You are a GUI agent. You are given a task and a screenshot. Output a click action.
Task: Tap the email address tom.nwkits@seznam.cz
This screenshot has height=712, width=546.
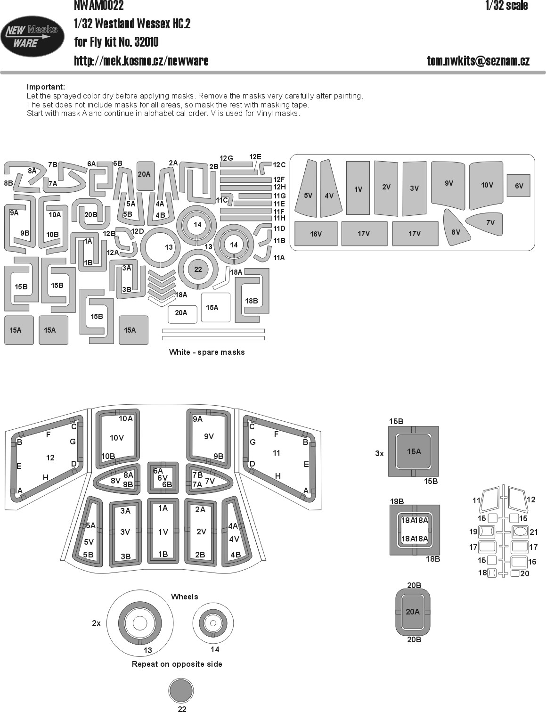(x=478, y=61)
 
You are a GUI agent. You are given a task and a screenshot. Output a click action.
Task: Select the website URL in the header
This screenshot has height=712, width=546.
(x=141, y=61)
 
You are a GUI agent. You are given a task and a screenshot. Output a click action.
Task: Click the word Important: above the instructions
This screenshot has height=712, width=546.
(x=46, y=87)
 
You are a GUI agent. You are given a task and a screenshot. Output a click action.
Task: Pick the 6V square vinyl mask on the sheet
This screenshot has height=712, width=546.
(x=518, y=186)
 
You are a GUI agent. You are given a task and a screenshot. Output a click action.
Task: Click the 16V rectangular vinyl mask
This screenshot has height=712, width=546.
(x=316, y=234)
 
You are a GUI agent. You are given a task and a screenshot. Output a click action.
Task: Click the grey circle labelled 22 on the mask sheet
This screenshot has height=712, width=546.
(x=198, y=270)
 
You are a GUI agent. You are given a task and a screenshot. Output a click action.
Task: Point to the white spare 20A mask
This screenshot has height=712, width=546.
(x=182, y=314)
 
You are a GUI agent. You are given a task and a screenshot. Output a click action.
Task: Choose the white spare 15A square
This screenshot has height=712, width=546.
(x=215, y=308)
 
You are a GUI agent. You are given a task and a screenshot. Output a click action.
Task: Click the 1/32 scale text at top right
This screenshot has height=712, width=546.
(x=506, y=6)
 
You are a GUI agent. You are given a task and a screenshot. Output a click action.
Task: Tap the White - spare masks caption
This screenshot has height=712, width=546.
(x=207, y=352)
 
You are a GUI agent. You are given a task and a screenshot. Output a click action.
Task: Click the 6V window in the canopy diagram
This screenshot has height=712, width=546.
(x=163, y=478)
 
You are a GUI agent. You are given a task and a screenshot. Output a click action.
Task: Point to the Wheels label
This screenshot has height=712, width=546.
(x=184, y=597)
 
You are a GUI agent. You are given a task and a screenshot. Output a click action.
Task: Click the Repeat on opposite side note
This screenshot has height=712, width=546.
(x=177, y=664)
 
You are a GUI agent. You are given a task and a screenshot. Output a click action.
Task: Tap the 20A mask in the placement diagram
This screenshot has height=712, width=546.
(x=413, y=612)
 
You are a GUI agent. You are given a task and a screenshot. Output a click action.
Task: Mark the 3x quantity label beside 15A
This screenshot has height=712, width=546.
(x=379, y=453)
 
